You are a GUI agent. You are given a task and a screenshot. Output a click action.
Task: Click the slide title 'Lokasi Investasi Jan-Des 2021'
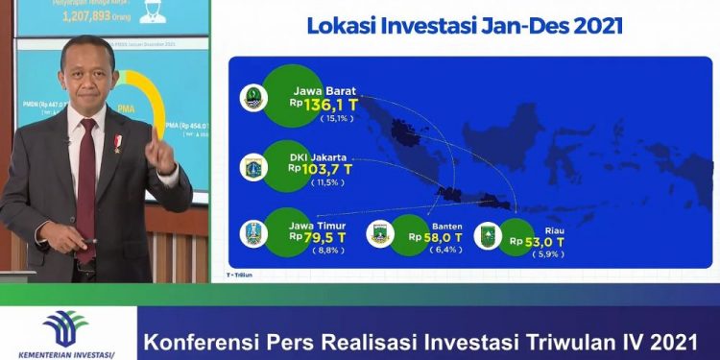(464, 26)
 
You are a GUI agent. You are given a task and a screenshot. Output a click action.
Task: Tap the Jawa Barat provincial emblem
(252, 98)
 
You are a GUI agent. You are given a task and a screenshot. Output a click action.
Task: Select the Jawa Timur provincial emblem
(253, 232)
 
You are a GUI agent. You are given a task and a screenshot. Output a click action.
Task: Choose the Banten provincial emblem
(381, 234)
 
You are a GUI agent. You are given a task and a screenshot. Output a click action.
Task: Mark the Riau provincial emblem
(487, 235)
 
